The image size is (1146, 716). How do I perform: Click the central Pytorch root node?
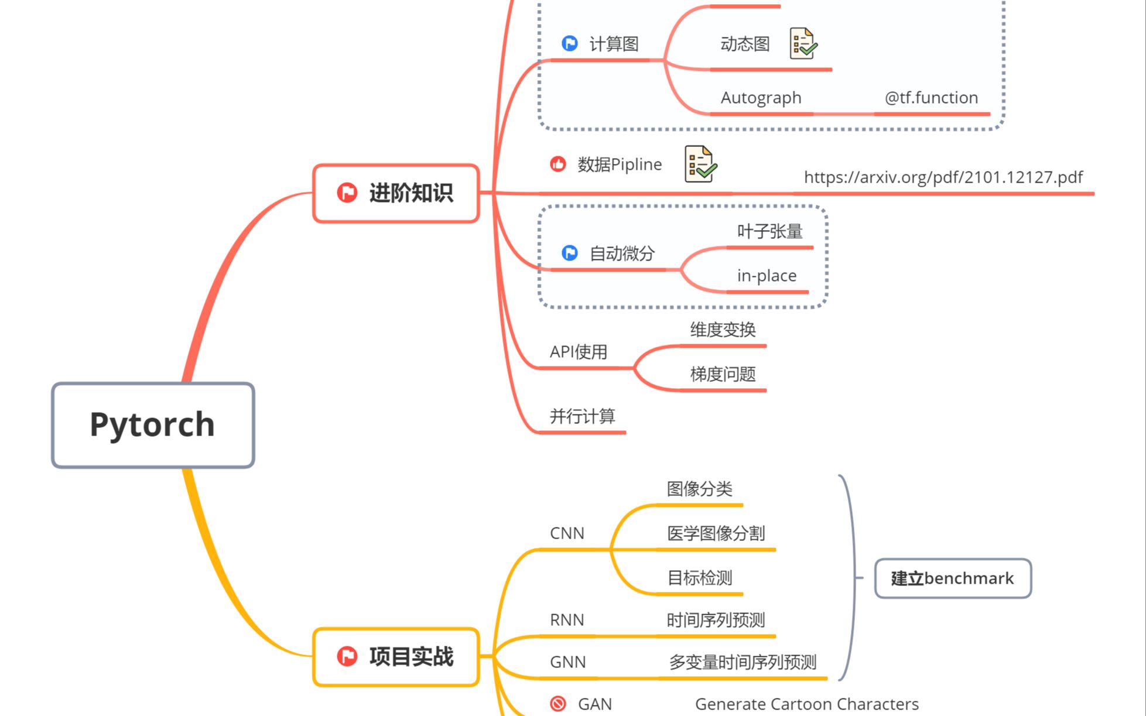[x=153, y=425]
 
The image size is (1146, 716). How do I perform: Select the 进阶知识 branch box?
[x=396, y=193]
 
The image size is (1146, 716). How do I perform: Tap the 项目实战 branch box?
[x=396, y=657]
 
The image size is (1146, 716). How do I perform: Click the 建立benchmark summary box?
[x=953, y=578]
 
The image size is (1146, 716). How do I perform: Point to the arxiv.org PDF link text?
[x=943, y=177]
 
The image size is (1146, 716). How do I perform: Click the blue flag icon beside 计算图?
[x=569, y=43]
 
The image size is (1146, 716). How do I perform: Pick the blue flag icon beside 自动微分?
[x=569, y=253]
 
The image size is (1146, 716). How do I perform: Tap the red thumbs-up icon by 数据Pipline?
[x=558, y=165]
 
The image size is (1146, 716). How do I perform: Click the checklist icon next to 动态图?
[x=803, y=43]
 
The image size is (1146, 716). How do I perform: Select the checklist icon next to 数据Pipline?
[x=700, y=164]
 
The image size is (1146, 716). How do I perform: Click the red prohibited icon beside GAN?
[x=558, y=704]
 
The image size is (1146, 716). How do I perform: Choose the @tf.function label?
[x=931, y=98]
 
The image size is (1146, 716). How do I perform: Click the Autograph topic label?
[x=761, y=98]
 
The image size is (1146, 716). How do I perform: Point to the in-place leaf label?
[x=767, y=276]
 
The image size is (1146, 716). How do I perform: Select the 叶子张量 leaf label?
[x=769, y=232]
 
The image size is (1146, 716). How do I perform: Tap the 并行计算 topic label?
[x=582, y=416]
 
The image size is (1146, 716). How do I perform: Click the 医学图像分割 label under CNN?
[x=716, y=533]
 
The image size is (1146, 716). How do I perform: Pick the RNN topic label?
[x=567, y=620]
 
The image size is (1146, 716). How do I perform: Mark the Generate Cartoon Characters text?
[x=806, y=704]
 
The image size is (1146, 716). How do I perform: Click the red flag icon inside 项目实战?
[x=347, y=656]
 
